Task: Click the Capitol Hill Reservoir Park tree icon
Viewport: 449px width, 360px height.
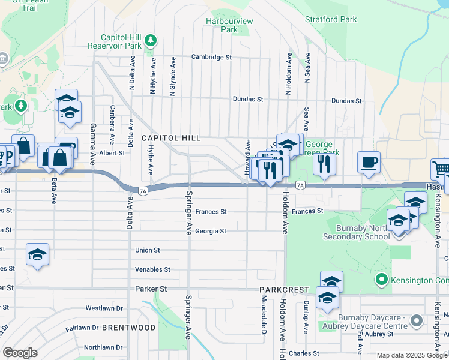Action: (x=151, y=41)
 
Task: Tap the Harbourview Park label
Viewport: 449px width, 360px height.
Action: (x=229, y=25)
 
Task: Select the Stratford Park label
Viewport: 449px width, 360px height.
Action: (x=331, y=19)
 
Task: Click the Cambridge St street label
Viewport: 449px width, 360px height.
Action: (x=211, y=57)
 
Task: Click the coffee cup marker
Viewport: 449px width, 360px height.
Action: (x=369, y=162)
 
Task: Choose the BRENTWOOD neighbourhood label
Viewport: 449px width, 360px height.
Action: (x=128, y=328)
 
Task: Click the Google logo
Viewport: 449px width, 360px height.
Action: (x=20, y=352)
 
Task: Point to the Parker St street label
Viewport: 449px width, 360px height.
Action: (x=149, y=289)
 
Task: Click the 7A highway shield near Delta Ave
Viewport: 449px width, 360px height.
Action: (x=142, y=191)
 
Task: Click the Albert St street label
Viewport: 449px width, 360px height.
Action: (x=112, y=153)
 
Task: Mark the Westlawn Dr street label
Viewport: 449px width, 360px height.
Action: (x=104, y=308)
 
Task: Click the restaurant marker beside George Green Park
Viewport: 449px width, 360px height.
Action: (x=324, y=163)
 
